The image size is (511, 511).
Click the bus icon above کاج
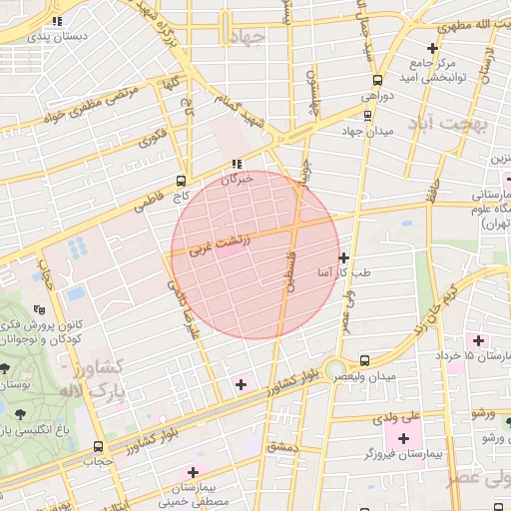click(x=180, y=181)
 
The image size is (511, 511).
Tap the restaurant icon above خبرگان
click(x=237, y=164)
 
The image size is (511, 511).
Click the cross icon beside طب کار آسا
click(x=343, y=257)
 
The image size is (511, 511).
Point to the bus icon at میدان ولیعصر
click(x=363, y=360)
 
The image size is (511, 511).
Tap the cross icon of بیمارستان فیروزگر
click(x=403, y=438)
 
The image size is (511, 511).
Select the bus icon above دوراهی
click(x=377, y=81)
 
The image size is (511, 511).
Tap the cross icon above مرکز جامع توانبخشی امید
click(x=431, y=48)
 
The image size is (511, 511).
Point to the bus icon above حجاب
click(x=97, y=446)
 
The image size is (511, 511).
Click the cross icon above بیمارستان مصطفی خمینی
click(x=194, y=470)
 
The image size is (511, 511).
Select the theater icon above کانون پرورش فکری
click(x=39, y=309)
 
